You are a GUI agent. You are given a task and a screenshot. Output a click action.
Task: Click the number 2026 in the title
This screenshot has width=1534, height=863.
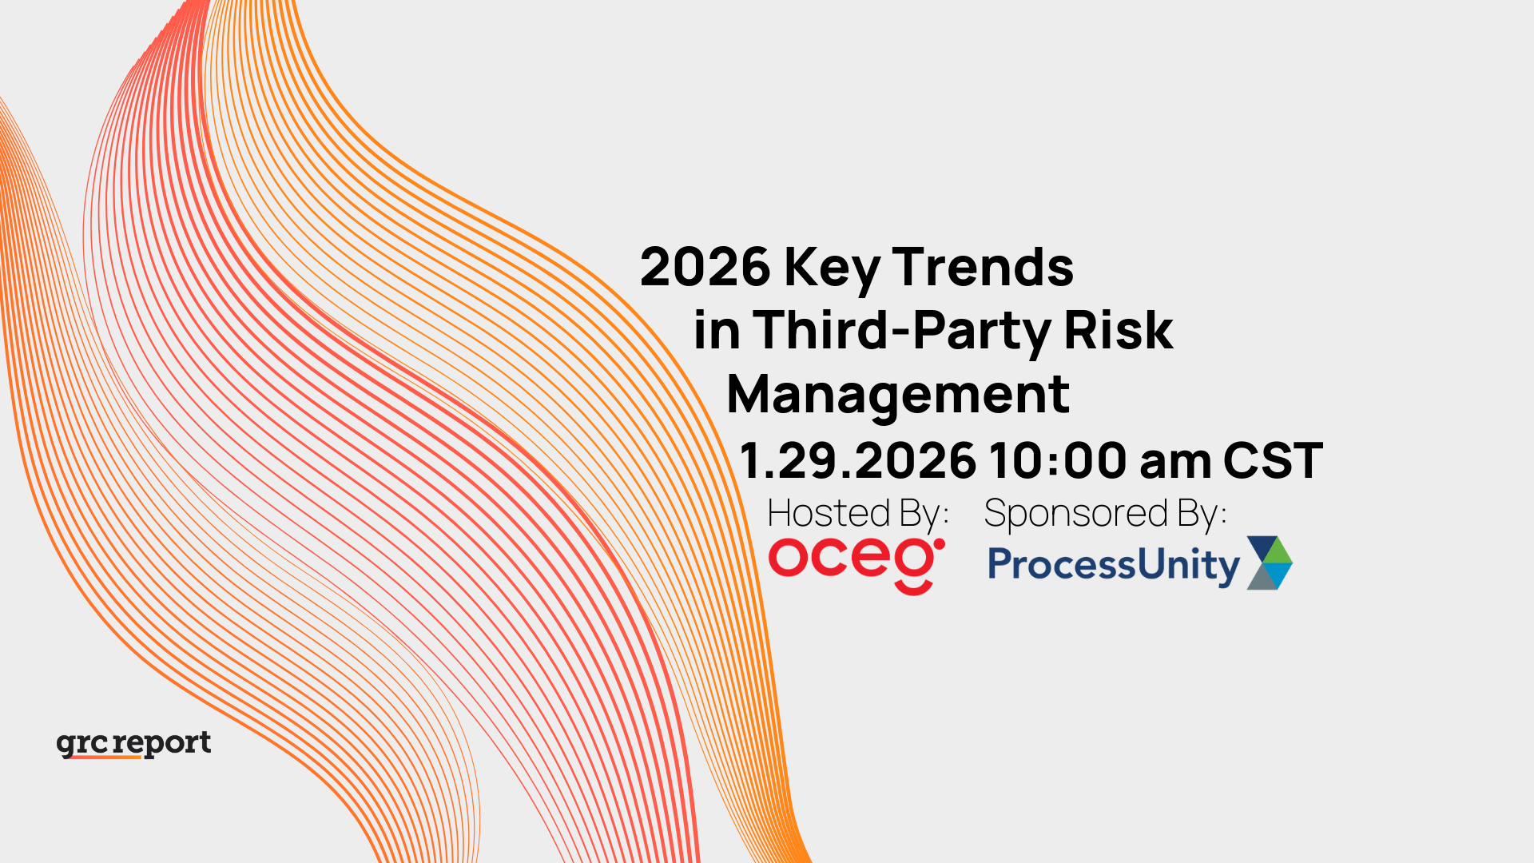[x=705, y=267]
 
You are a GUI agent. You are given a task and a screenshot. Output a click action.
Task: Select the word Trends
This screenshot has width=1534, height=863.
[x=983, y=267]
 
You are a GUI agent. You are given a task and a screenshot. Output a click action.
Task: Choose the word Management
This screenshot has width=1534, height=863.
[x=897, y=395]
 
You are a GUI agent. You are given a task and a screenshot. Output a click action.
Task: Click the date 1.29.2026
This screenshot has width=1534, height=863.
[x=857, y=461]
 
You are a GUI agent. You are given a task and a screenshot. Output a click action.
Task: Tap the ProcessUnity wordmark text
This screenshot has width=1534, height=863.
[x=1113, y=565]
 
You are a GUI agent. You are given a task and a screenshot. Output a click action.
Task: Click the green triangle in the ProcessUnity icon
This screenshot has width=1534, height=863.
[x=1279, y=550]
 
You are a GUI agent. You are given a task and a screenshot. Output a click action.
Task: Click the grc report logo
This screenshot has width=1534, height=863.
[x=134, y=744]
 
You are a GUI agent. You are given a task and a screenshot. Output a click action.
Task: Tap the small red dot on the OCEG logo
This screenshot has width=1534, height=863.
[x=940, y=544]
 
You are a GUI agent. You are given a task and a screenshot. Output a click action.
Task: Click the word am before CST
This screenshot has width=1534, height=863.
[x=1175, y=461]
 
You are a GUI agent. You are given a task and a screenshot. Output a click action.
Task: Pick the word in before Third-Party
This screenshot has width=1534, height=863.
[x=716, y=331]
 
